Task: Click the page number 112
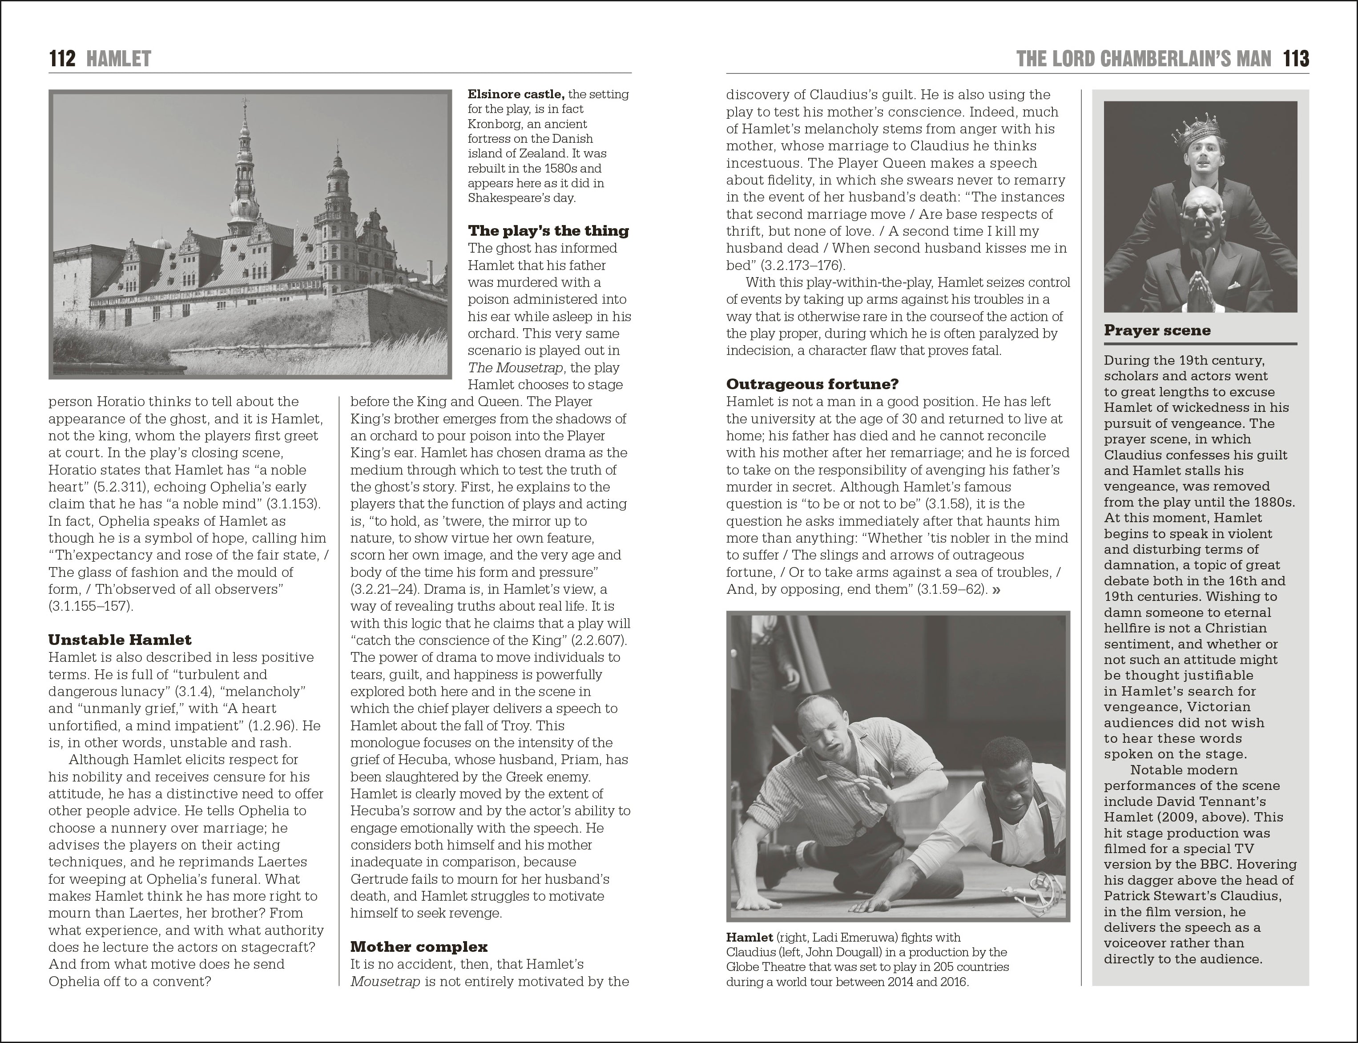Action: pyautogui.click(x=62, y=59)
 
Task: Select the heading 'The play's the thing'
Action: pyautogui.click(x=548, y=231)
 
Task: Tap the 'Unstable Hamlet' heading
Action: pyautogui.click(x=120, y=640)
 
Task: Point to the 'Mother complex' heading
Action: pyautogui.click(x=419, y=947)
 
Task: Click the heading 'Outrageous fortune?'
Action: pyautogui.click(x=812, y=384)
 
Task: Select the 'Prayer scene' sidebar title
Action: pyautogui.click(x=1157, y=330)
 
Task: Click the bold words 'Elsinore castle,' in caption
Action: pyautogui.click(x=516, y=94)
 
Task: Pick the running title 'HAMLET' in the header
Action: pyautogui.click(x=119, y=59)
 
